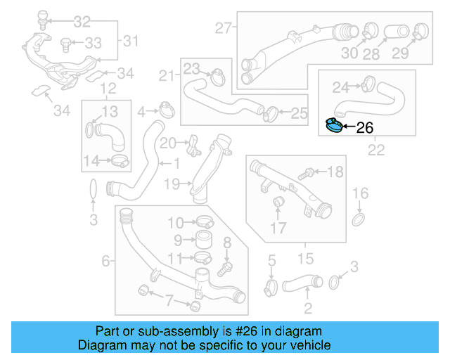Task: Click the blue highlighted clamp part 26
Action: pos(335,127)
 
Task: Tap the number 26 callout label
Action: pos(365,128)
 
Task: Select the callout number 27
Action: pos(223,29)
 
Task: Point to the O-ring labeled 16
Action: pos(359,220)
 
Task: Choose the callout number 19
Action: pos(173,184)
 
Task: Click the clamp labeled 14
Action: pos(120,162)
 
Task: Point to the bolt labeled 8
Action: pos(225,268)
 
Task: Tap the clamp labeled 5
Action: pos(271,285)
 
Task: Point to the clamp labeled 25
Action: pos(269,111)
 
